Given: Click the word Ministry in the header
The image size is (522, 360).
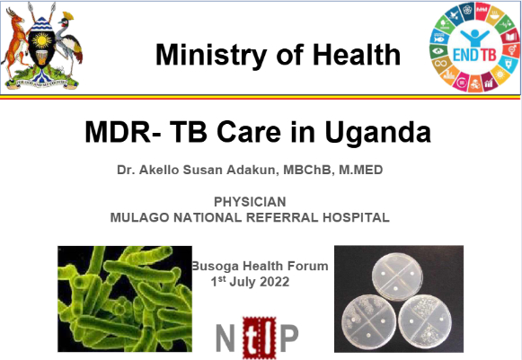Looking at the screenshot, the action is tap(211, 56).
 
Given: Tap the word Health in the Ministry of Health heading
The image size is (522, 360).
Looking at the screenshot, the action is tap(357, 54).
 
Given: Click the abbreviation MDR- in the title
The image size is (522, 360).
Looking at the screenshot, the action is tap(123, 132).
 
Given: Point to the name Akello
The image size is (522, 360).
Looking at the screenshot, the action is tap(159, 170).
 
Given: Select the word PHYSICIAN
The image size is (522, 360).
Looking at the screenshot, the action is tap(250, 202).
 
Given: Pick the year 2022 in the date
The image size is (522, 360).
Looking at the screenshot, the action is tap(274, 282).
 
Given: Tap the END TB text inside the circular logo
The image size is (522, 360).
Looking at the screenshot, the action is tap(474, 55).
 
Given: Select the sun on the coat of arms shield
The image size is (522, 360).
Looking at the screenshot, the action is tap(42, 41).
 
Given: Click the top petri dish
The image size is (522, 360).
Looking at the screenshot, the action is tap(397, 277).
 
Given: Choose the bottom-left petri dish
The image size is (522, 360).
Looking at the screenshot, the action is tap(368, 321).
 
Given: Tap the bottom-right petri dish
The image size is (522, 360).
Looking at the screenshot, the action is tap(425, 322).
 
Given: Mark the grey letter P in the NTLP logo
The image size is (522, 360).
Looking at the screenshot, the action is tap(288, 337).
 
